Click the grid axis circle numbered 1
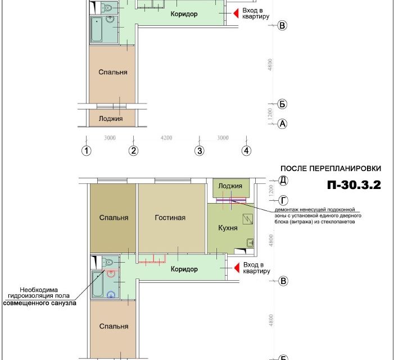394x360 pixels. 87,151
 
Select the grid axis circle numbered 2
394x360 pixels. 133,151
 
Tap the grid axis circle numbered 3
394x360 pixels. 200,151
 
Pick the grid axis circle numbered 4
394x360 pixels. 247,151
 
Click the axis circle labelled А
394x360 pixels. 283,124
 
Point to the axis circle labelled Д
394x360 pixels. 283,181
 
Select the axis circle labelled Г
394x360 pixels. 283,201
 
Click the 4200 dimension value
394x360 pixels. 166,138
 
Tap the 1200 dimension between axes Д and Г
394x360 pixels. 271,191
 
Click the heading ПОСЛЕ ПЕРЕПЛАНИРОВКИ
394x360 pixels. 330,168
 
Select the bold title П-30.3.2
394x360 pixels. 354,185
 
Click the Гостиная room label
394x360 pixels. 170,218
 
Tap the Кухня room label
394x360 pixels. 228,228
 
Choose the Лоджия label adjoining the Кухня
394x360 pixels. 230,186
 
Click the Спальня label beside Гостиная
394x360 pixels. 114,218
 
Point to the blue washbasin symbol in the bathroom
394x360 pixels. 111,294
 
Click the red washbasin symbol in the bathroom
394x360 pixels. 111,273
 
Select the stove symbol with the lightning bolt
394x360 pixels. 248,219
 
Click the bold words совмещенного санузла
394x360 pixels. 40,303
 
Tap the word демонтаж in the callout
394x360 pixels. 287,210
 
